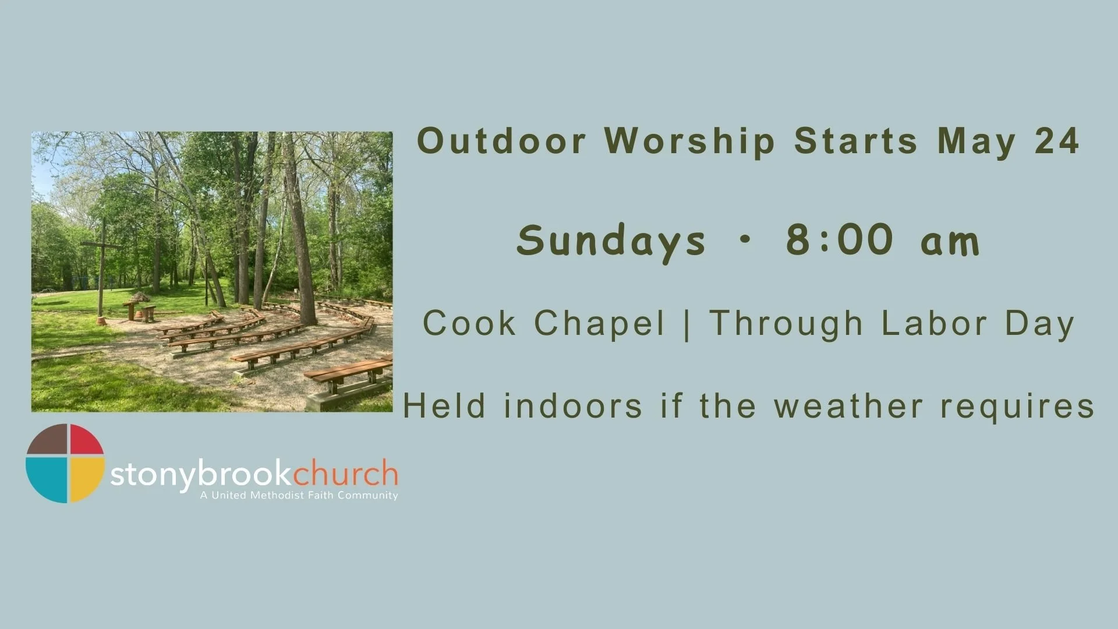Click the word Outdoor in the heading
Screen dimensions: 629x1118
click(501, 142)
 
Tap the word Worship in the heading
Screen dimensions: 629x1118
click(690, 142)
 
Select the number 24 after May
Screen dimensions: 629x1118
click(1057, 142)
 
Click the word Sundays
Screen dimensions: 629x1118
click(611, 241)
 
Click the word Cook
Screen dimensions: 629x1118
click(469, 323)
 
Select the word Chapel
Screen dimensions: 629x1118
click(599, 324)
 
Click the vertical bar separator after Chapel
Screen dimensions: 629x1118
click(688, 324)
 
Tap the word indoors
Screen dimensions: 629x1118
click(574, 406)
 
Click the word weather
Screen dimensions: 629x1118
click(848, 406)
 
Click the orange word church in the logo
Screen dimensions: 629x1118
click(345, 473)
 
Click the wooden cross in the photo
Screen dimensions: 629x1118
click(102, 256)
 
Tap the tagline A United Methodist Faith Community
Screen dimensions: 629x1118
click(299, 496)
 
